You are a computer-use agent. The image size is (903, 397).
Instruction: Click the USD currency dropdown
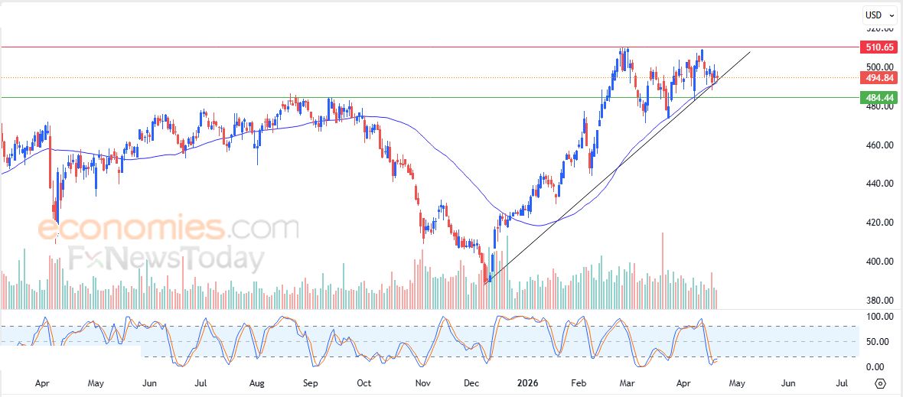click(877, 15)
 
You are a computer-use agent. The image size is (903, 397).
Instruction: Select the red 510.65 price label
click(879, 47)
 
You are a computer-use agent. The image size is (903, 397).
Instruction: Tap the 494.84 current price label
click(879, 77)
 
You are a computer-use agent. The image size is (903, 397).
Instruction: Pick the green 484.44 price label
click(879, 98)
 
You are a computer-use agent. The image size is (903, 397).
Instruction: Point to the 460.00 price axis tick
click(878, 145)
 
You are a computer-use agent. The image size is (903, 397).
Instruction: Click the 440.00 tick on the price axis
click(878, 184)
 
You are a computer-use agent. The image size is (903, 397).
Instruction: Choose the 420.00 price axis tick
click(878, 223)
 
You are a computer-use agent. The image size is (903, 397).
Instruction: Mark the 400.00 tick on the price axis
click(878, 262)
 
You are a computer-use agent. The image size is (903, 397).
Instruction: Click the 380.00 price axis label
click(878, 301)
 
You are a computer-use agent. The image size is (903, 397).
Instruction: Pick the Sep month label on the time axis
click(311, 382)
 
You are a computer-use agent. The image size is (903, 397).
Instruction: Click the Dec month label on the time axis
click(471, 382)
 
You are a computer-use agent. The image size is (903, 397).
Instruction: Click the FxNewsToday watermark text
click(164, 259)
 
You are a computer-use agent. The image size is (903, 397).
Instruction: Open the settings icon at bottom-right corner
click(880, 383)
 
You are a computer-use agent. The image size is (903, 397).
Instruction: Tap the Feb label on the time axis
click(579, 382)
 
